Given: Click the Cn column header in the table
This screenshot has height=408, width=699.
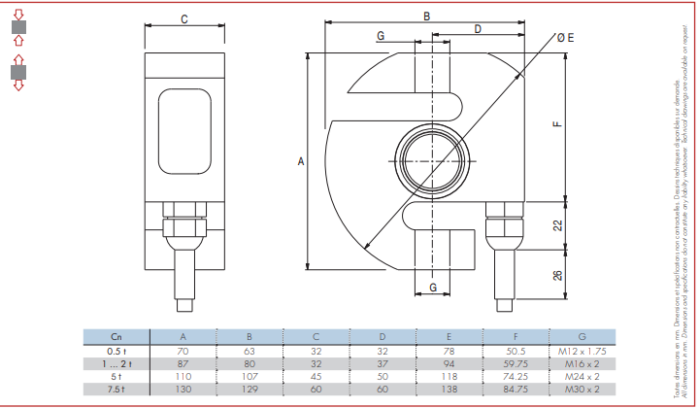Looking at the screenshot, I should [x=116, y=336].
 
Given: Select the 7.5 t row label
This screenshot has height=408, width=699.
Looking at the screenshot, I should [x=116, y=389].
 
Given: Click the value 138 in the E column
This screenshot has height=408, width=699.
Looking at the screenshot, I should [x=448, y=389].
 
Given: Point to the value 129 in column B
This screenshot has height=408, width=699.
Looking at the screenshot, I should [x=250, y=389].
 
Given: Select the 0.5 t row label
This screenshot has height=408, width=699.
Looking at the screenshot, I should [x=116, y=350].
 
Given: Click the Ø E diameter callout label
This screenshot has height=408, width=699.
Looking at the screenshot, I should [x=565, y=37].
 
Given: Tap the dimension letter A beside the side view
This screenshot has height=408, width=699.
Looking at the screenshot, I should [x=300, y=163].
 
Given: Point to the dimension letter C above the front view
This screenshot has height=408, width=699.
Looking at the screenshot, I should [x=184, y=19].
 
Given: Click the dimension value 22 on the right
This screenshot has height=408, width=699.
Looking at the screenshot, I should [x=557, y=224].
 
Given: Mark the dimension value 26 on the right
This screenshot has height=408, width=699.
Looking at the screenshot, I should [x=557, y=275].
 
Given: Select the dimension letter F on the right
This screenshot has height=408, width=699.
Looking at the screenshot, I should [x=557, y=124].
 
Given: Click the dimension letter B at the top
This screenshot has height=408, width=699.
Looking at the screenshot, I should [x=426, y=15].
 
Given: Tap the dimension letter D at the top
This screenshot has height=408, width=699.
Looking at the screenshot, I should [x=478, y=29].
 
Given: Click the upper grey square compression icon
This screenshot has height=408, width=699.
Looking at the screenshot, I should [x=17, y=29].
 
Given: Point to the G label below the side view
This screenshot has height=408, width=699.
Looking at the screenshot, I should [x=433, y=288].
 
